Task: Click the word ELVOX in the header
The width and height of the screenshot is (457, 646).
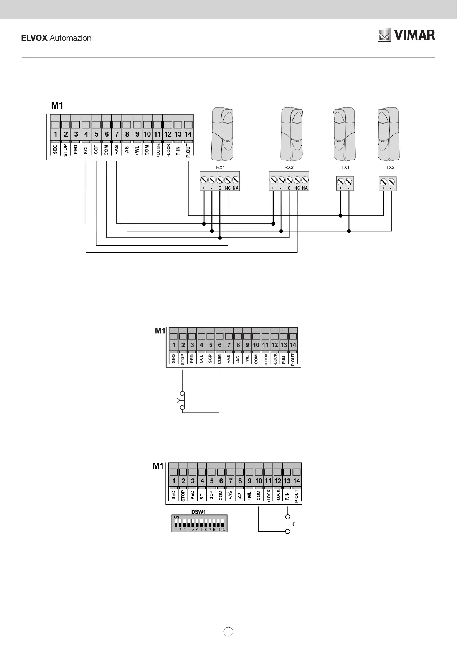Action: point(34,38)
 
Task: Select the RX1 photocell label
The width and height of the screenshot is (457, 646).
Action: point(220,168)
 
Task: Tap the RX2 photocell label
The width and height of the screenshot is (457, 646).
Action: point(289,168)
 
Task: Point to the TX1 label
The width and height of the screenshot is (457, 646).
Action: point(345,168)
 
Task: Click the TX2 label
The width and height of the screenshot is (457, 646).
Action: point(390,168)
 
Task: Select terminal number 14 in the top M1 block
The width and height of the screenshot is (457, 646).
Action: point(188,134)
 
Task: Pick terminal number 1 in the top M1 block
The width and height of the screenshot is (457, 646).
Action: point(56,134)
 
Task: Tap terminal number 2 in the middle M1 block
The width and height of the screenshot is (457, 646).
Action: point(183,345)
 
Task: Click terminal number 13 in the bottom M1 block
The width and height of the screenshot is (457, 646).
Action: point(287,481)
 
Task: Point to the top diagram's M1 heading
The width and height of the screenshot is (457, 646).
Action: point(57,105)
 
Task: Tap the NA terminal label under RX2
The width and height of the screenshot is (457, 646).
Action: point(305,188)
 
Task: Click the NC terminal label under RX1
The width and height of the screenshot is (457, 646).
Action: point(228,188)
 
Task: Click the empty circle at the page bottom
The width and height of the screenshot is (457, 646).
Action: point(228,631)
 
